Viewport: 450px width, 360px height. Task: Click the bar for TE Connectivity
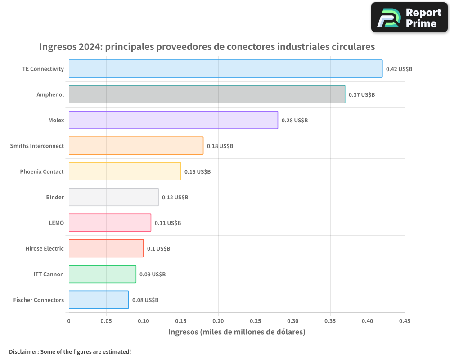[x=225, y=69]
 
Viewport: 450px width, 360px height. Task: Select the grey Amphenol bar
[x=207, y=94]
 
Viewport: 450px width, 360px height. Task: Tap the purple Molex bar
[x=173, y=120]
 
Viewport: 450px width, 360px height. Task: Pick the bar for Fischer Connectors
[x=99, y=300]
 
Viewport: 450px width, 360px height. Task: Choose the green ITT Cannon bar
[x=102, y=274]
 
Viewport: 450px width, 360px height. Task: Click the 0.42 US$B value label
[x=399, y=69]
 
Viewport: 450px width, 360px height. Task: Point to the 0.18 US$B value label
[x=220, y=146]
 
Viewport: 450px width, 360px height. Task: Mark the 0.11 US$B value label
[x=168, y=223]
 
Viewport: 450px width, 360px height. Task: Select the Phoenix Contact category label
[x=42, y=172]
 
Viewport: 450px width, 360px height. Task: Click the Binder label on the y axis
[x=55, y=198]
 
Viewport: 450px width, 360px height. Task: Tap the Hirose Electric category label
[x=45, y=249]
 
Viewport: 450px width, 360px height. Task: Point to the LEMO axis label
[x=56, y=223]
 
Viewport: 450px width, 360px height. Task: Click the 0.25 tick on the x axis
[x=256, y=321]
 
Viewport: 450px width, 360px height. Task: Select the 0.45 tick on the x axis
[x=405, y=321]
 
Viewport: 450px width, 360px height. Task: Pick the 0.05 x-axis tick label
[x=106, y=321]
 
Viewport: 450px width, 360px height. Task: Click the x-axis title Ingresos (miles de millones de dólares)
[x=237, y=332]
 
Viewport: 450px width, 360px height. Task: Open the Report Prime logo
[x=409, y=18]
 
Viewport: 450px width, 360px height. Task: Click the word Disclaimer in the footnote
[x=23, y=352]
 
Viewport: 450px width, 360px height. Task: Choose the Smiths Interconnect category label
[x=37, y=146]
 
